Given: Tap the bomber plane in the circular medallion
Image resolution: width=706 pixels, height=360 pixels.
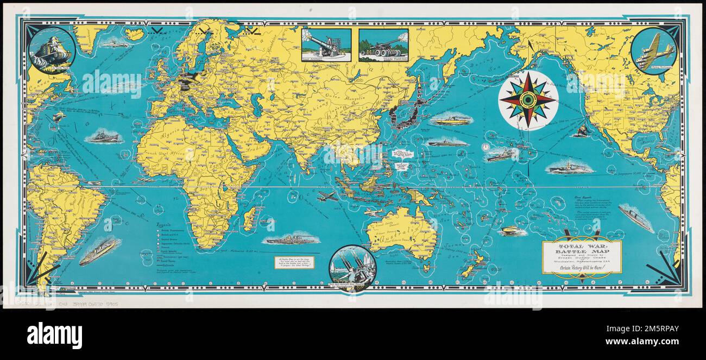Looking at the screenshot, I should point(654,52).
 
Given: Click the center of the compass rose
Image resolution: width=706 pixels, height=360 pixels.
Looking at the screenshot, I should point(527,100).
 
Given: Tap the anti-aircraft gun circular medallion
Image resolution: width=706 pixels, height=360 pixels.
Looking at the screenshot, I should point(352,268).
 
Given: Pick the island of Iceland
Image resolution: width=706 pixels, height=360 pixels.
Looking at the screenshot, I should point(134,34).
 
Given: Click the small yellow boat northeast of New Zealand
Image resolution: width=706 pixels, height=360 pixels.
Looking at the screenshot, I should point(512,231).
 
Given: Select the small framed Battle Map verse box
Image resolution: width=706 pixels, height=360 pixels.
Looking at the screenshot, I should point(294,262).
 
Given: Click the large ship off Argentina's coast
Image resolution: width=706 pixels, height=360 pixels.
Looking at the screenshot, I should point(98,251).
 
